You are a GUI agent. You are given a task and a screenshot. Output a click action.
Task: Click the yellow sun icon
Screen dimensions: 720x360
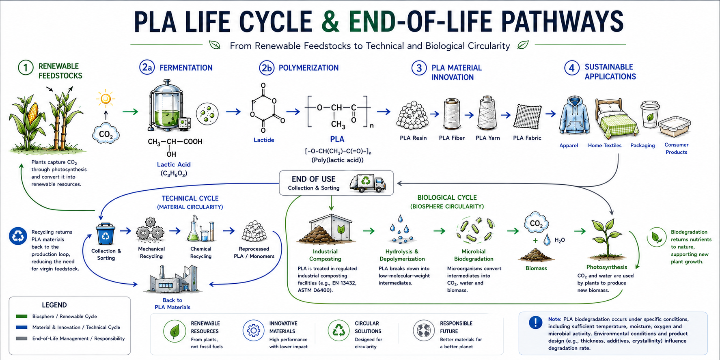(106, 99)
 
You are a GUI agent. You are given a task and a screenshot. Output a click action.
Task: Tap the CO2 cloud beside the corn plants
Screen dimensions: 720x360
(106, 133)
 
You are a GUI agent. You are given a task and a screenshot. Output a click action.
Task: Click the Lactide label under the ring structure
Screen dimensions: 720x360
(264, 140)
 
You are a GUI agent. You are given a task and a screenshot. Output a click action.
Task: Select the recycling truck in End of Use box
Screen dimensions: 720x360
(367, 183)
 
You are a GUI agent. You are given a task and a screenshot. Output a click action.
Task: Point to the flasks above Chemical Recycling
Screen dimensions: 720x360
(200, 229)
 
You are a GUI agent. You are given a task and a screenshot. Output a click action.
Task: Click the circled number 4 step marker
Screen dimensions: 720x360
(571, 68)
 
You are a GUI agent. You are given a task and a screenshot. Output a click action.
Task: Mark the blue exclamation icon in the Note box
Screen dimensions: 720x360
(535, 322)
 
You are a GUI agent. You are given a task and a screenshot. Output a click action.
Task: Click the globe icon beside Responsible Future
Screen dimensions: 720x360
(424, 330)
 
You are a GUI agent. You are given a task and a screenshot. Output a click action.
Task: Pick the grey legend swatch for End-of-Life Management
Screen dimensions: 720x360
(22, 338)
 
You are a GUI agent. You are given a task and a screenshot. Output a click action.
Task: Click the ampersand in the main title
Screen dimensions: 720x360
(330, 22)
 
